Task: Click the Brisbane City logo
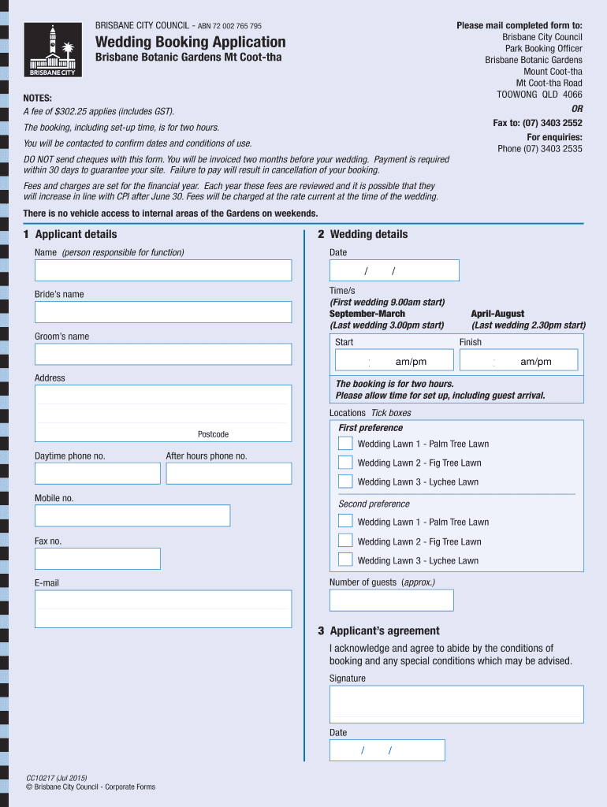[x=52, y=50]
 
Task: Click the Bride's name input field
[x=162, y=312]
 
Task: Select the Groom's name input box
[x=162, y=354]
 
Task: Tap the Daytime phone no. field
[x=97, y=473]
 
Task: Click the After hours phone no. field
[x=229, y=473]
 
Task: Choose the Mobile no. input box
[x=132, y=515]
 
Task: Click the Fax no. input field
[x=97, y=558]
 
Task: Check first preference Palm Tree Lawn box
[x=345, y=443]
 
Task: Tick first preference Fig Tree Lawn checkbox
[x=345, y=463]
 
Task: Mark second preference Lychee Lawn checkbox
[x=345, y=560]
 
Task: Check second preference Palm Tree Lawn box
[x=345, y=521]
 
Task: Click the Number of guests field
[x=391, y=600]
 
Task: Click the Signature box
[x=456, y=704]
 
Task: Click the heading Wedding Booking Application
[x=191, y=42]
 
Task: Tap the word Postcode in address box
[x=213, y=434]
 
